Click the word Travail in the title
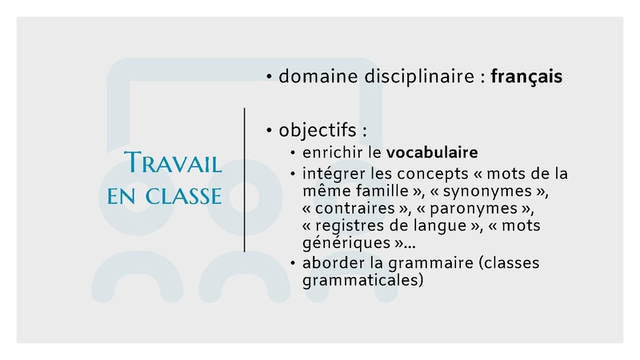click(173, 162)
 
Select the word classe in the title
click(183, 196)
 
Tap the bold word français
click(526, 77)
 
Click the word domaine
click(318, 76)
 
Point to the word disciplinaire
click(419, 77)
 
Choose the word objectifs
click(318, 130)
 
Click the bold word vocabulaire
click(432, 152)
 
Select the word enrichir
click(333, 152)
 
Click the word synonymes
click(487, 191)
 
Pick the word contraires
click(354, 208)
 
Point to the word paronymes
click(474, 209)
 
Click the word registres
click(350, 226)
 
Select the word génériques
click(346, 243)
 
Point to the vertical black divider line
click(245, 180)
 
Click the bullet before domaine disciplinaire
click(269, 76)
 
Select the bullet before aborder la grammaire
click(293, 263)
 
